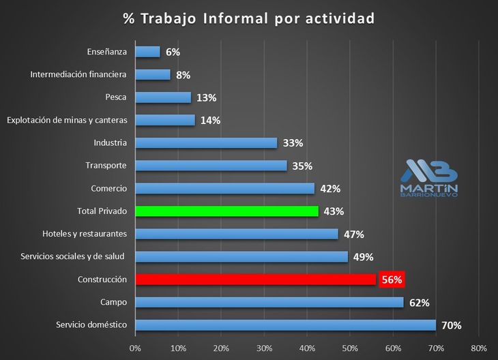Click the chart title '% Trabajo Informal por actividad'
(x=249, y=18)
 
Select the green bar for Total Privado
(x=227, y=211)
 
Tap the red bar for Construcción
(x=256, y=280)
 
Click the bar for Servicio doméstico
(x=286, y=325)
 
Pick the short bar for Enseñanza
(x=148, y=52)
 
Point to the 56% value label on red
(x=392, y=280)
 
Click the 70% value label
(x=451, y=325)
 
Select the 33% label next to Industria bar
(x=293, y=143)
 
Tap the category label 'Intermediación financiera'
(x=80, y=74)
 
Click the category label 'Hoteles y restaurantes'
(x=85, y=234)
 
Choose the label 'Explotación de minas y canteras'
(x=67, y=120)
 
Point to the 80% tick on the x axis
(x=478, y=348)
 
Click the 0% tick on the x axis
(x=135, y=348)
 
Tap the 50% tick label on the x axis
(x=350, y=348)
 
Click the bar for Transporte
(x=211, y=166)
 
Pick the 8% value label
(x=183, y=74)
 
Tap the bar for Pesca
(x=164, y=97)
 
